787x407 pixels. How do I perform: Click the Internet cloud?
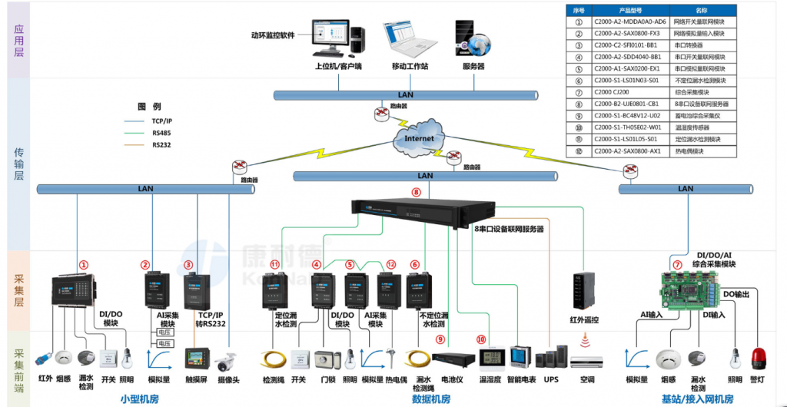tap(419, 139)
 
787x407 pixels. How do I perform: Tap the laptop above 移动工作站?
tap(409, 40)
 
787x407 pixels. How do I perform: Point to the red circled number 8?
tap(417, 192)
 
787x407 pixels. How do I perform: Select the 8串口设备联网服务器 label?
tap(508, 229)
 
